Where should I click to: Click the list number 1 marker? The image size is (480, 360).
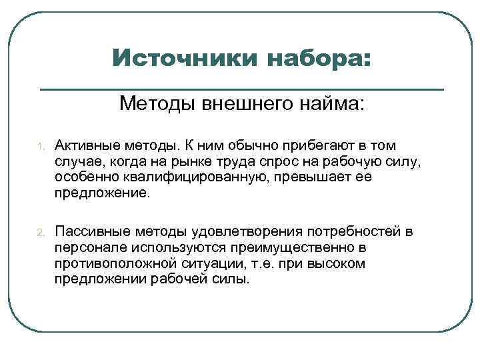click(x=40, y=146)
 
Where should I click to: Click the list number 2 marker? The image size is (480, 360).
click(x=40, y=233)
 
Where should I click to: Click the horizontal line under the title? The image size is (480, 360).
click(x=242, y=89)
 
